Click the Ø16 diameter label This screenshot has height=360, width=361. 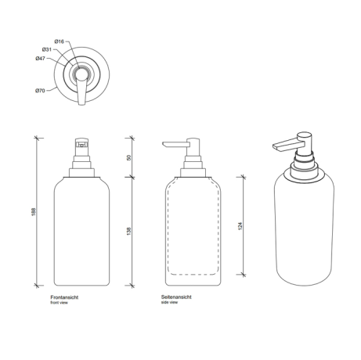[x=60, y=41]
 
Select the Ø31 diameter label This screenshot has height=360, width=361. [x=47, y=49]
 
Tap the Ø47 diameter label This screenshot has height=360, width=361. [x=40, y=59]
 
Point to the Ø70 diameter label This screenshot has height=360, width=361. [x=40, y=91]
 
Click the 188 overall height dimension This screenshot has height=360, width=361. [x=33, y=211]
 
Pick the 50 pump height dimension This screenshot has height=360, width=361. [x=129, y=157]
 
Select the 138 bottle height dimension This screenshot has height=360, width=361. [x=128, y=232]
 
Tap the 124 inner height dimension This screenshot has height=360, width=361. [x=240, y=226]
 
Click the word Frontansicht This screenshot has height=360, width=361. [x=64, y=297]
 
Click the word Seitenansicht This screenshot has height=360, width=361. [x=176, y=297]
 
